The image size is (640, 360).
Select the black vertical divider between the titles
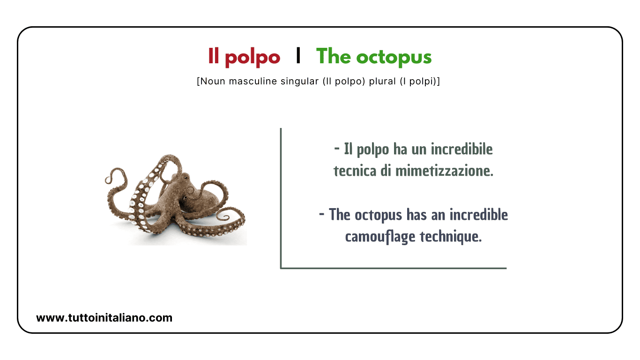(298, 56)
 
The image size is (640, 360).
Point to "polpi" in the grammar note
(423, 81)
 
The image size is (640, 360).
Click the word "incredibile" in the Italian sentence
(461, 150)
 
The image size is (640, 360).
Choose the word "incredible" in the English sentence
(478, 215)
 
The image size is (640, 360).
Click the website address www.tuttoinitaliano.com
(104, 318)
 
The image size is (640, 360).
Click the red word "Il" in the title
(214, 57)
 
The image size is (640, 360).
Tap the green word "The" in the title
(333, 57)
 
